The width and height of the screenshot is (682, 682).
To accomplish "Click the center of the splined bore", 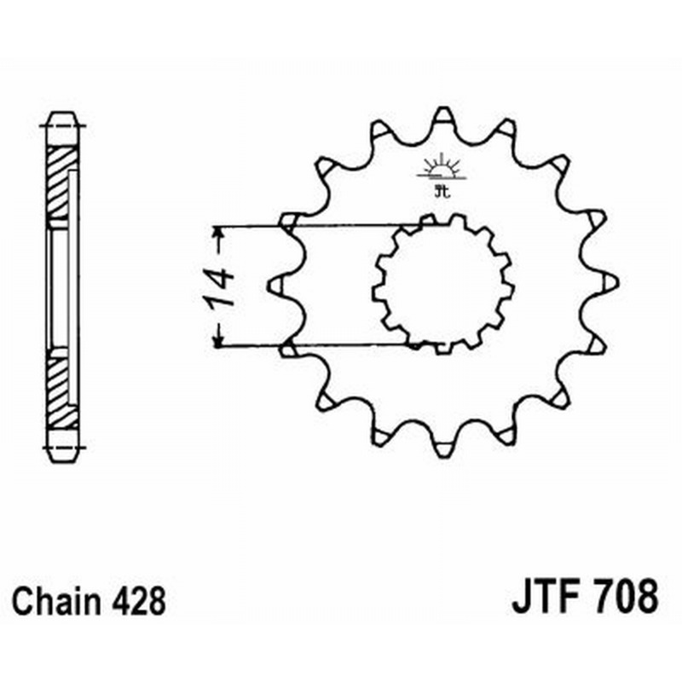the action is click(x=443, y=285).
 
